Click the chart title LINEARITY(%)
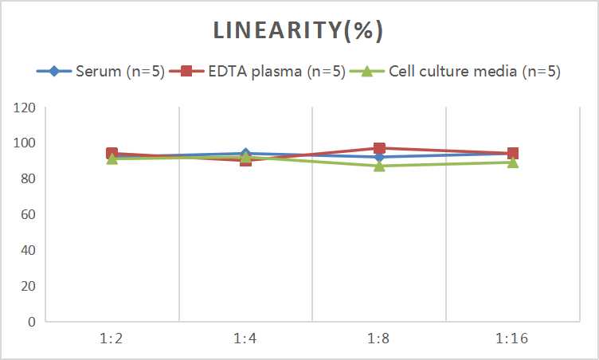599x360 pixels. (299, 30)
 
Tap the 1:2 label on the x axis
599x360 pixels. (112, 338)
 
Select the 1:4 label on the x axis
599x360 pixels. (246, 338)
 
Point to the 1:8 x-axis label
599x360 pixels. (379, 338)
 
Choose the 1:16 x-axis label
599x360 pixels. (513, 338)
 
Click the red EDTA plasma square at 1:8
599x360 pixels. (379, 148)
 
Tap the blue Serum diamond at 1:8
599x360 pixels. (379, 157)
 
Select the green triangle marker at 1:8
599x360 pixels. (379, 166)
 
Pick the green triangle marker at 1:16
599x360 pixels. (513, 162)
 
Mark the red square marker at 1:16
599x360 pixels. (513, 154)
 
